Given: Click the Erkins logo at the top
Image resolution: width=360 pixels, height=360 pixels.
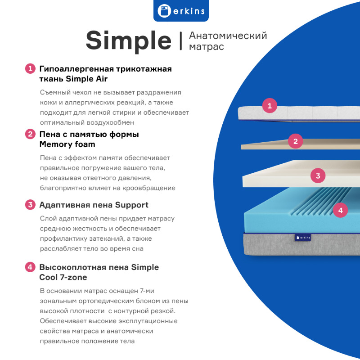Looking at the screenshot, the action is tap(181, 10).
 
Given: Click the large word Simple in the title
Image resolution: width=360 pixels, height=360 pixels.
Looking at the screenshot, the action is tap(129, 41).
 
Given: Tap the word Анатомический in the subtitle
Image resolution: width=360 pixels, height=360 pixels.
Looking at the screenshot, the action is tap(228, 36).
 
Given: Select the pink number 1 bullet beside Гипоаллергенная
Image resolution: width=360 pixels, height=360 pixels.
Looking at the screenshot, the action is tap(30, 69).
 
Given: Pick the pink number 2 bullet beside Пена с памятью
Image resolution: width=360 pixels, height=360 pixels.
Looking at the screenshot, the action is tap(30, 134).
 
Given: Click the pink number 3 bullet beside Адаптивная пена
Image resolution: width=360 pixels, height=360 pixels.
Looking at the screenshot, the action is tap(30, 205).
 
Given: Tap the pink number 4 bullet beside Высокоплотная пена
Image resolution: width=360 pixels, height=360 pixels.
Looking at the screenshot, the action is tap(30, 267).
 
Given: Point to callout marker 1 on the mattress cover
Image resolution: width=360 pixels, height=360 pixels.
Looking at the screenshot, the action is tap(270, 106).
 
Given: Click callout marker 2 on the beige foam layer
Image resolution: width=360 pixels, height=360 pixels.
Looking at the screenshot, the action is tap(296, 141).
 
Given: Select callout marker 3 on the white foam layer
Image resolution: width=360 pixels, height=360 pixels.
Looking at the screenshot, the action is tap(318, 175).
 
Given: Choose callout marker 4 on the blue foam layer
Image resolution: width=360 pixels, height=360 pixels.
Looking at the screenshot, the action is tap(340, 210).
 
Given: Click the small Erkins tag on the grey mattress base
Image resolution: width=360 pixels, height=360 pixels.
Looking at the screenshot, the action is tap(303, 238).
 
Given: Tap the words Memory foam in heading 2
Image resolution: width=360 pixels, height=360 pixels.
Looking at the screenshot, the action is tap(67, 144).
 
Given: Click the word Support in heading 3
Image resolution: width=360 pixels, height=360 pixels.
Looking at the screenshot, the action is tap(131, 205).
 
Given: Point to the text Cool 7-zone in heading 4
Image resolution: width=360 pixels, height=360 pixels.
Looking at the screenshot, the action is tap(63, 277).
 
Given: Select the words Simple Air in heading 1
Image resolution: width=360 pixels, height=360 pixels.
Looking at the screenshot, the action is tap(86, 79).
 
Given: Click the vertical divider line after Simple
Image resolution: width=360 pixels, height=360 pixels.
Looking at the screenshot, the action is tap(181, 41).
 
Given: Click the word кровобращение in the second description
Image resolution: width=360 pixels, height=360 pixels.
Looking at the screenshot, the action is tap(149, 188).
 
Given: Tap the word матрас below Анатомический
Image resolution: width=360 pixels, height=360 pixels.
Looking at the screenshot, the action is tap(207, 47).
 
